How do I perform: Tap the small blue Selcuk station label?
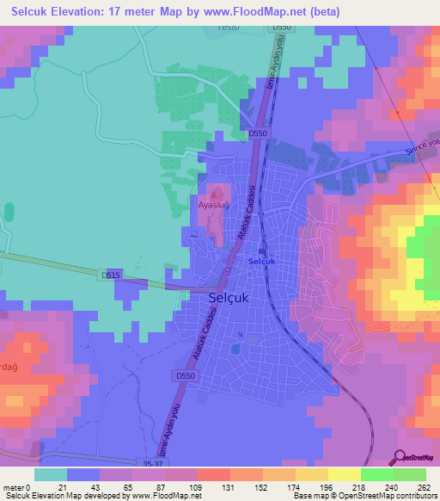(x=260, y=261)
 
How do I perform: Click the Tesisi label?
(x=225, y=27)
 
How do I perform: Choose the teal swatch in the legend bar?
(x=51, y=474)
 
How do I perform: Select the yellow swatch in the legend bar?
(x=345, y=474)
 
